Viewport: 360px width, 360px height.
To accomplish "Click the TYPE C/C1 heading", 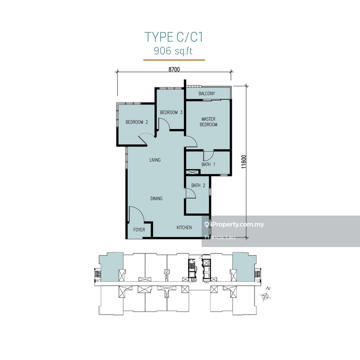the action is click(174, 37).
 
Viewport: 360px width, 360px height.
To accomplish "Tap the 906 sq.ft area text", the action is click(173, 51).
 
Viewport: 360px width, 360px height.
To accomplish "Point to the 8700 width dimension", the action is click(174, 69).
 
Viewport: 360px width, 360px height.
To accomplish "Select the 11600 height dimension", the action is click(244, 162).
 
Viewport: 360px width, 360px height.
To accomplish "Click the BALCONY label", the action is click(207, 94).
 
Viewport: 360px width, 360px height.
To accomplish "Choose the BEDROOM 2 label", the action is click(137, 122).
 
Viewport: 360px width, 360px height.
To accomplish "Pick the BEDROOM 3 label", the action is click(171, 112).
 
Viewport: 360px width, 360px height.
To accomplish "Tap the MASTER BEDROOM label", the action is click(208, 121).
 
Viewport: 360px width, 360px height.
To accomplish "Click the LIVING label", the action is click(155, 160).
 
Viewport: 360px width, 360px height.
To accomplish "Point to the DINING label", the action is click(157, 198).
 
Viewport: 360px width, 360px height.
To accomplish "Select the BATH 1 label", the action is click(208, 164).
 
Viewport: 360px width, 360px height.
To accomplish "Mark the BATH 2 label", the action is click(198, 185).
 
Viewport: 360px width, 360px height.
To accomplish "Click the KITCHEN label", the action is click(184, 228).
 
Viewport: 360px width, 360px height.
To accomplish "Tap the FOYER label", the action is click(139, 229).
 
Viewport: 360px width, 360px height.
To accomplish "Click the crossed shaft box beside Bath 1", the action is click(192, 172).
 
